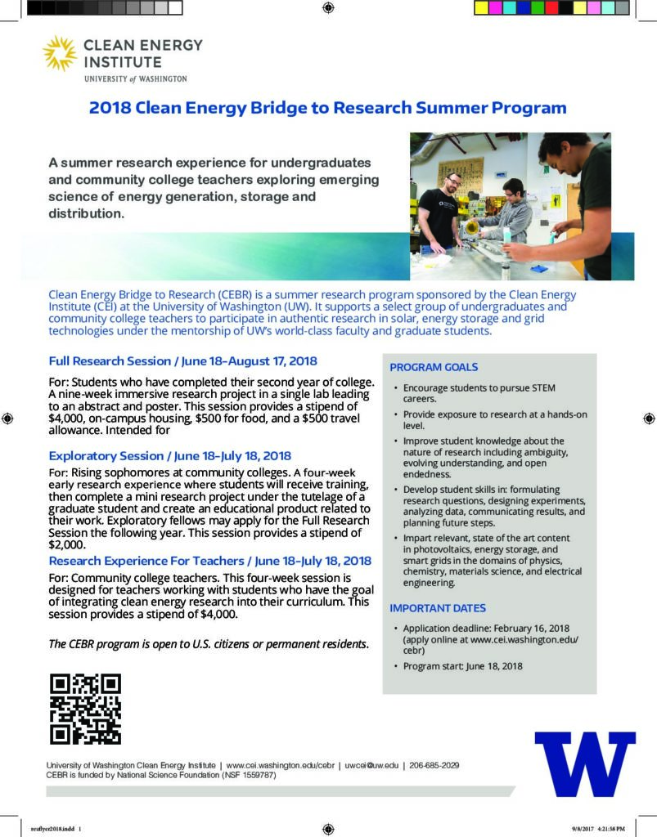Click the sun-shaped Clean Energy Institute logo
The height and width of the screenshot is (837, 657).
click(60, 52)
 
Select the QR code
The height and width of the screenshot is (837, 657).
click(85, 709)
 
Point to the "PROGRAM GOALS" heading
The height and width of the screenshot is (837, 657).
click(434, 368)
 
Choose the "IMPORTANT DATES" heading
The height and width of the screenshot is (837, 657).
click(438, 608)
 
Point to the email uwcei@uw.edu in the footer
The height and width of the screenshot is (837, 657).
click(371, 765)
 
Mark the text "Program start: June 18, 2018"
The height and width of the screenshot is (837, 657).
click(462, 666)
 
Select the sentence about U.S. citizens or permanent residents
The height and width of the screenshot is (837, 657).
click(209, 644)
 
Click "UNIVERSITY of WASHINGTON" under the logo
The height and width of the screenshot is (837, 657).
click(135, 79)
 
